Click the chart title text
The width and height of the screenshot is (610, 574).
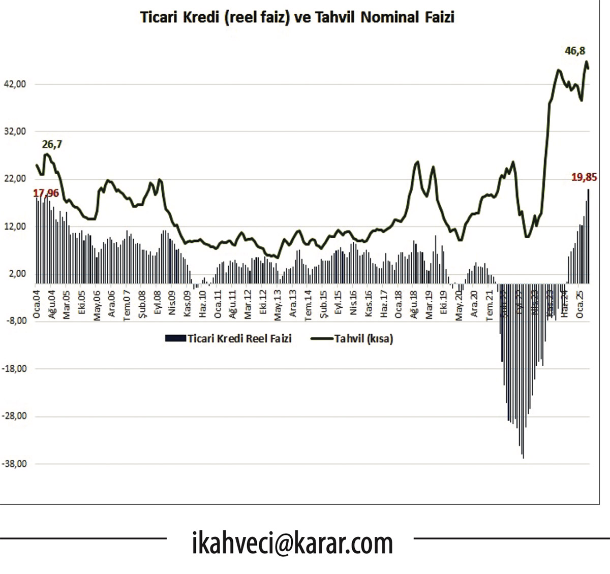pyautogui.click(x=297, y=17)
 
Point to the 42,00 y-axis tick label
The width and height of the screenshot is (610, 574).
pyautogui.click(x=15, y=84)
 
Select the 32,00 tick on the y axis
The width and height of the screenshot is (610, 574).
pyautogui.click(x=15, y=132)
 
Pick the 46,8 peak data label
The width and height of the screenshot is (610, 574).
pyautogui.click(x=575, y=51)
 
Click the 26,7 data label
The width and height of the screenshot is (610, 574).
pyautogui.click(x=52, y=145)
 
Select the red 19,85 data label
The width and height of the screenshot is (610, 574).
pyautogui.click(x=584, y=177)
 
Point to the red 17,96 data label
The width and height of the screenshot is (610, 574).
pyautogui.click(x=46, y=194)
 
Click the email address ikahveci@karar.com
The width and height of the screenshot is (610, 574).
pyautogui.click(x=292, y=544)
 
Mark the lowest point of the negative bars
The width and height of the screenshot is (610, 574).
pyautogui.click(x=523, y=458)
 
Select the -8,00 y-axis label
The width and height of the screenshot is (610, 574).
pyautogui.click(x=16, y=321)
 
